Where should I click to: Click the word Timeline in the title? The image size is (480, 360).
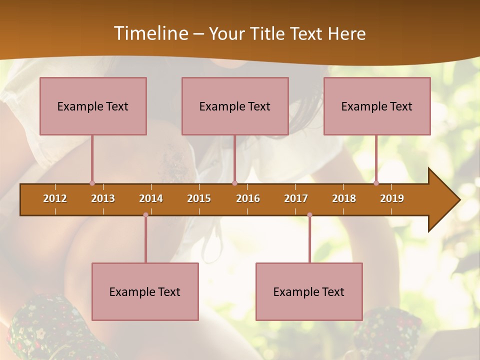(x=150, y=33)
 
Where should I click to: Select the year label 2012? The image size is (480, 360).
(x=55, y=198)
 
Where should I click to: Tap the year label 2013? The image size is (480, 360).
(x=103, y=198)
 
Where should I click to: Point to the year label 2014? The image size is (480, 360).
(x=151, y=198)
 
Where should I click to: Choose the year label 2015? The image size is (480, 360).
(x=199, y=198)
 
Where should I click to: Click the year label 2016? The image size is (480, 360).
(x=248, y=198)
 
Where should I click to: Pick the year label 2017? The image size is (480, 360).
(x=296, y=198)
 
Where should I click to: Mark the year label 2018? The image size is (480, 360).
(x=344, y=198)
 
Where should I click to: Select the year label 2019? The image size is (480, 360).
(x=392, y=198)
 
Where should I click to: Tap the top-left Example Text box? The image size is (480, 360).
(x=93, y=106)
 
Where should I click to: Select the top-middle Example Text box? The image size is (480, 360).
(x=235, y=106)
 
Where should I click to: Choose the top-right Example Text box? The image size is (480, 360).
(x=377, y=106)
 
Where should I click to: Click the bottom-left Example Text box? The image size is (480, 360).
(x=145, y=291)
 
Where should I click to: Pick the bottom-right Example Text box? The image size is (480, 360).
(x=309, y=291)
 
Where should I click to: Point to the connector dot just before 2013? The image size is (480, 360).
(x=92, y=183)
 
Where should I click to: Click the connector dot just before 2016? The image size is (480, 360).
(x=234, y=183)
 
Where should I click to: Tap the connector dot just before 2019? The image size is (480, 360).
(x=376, y=183)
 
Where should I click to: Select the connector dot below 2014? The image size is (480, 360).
(x=145, y=215)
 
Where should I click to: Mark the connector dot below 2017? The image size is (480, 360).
(x=309, y=215)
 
